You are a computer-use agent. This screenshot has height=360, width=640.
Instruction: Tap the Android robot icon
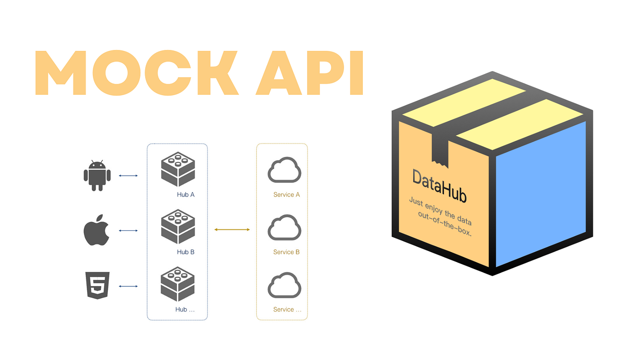(97, 176)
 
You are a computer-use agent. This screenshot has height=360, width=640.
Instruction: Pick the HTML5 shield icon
(98, 285)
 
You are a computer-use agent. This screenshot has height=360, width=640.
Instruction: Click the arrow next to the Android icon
(128, 176)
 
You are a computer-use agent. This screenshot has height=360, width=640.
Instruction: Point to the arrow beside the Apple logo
(128, 230)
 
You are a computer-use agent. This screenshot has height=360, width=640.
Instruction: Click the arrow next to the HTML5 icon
(128, 286)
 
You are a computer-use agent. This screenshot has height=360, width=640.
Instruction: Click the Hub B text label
(186, 252)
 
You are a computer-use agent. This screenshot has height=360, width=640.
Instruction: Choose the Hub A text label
(186, 195)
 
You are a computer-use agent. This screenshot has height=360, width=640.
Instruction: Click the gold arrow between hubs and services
(232, 229)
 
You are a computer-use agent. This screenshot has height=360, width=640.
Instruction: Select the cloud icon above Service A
(284, 170)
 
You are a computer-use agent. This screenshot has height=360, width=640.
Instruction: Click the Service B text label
(287, 252)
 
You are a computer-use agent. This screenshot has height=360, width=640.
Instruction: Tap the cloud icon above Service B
(284, 227)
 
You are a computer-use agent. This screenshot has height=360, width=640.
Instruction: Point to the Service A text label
(287, 195)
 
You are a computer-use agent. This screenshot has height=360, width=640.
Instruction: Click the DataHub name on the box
(439, 185)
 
